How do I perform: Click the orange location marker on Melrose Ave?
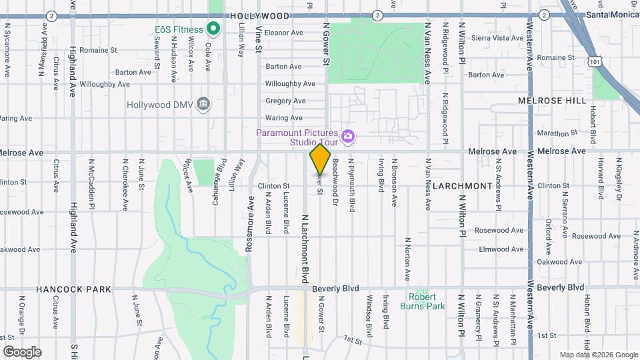[x=320, y=159]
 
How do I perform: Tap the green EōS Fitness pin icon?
[x=213, y=29]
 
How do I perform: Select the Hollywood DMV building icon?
[x=204, y=105]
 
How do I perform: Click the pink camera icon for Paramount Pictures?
[x=347, y=137]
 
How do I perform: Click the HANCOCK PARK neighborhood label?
[x=64, y=289]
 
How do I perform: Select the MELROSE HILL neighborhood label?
[x=553, y=101]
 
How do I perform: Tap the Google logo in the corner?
[x=21, y=351]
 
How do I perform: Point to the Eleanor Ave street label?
[x=285, y=32]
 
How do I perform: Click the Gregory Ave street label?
[x=285, y=101]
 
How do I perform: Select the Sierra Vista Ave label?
[x=498, y=38]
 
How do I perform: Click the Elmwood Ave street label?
[x=502, y=249]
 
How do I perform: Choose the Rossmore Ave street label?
[x=249, y=223]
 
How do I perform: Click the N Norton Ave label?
[x=406, y=261]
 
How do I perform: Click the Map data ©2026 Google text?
[x=598, y=355]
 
